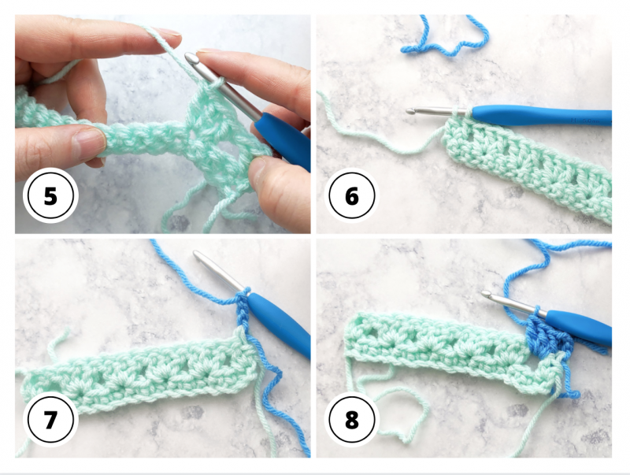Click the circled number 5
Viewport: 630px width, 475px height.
[50, 196]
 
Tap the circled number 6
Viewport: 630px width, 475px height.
[351, 196]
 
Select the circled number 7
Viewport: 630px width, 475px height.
[50, 420]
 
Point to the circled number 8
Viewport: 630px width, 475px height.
[351, 420]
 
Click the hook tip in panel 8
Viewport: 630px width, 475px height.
[486, 294]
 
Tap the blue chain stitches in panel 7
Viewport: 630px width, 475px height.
[243, 310]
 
